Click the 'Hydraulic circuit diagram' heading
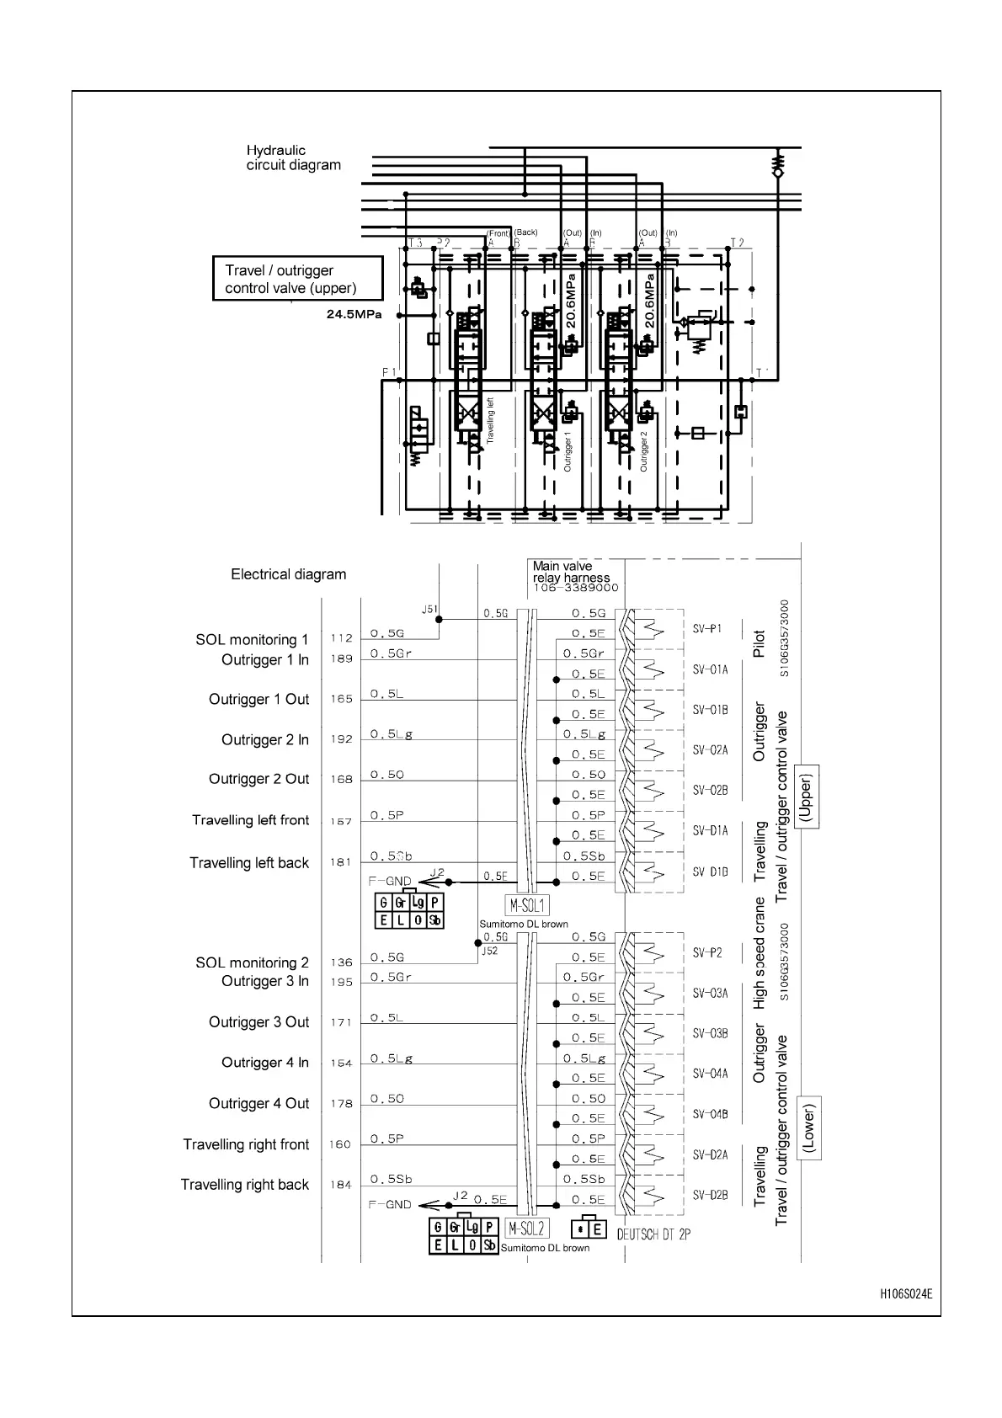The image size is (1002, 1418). pos(293,157)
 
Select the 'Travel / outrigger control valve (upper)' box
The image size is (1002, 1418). pos(297,279)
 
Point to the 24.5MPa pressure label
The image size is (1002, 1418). pos(354,316)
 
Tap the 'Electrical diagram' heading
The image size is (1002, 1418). pos(288,574)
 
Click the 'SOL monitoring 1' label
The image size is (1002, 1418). pos(252,640)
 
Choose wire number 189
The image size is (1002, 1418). pos(341,658)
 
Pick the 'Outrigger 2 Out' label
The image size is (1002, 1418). pos(258,779)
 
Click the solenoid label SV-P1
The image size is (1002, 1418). pos(707,629)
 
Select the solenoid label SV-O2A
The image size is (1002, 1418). pos(710,749)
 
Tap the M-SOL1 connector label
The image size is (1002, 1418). pos(527,906)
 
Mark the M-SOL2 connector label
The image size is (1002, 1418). pos(527,1228)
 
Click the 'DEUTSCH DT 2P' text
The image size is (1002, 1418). pos(653,1234)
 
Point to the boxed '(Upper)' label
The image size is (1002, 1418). pos(807,797)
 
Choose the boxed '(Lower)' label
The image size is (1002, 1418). pos(808,1127)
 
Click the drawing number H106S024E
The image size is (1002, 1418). pos(906,1293)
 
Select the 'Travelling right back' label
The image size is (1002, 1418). pos(244,1185)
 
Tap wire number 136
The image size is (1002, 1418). pos(341,962)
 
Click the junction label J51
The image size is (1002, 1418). pos(429,610)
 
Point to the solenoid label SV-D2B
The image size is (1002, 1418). pos(710,1195)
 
